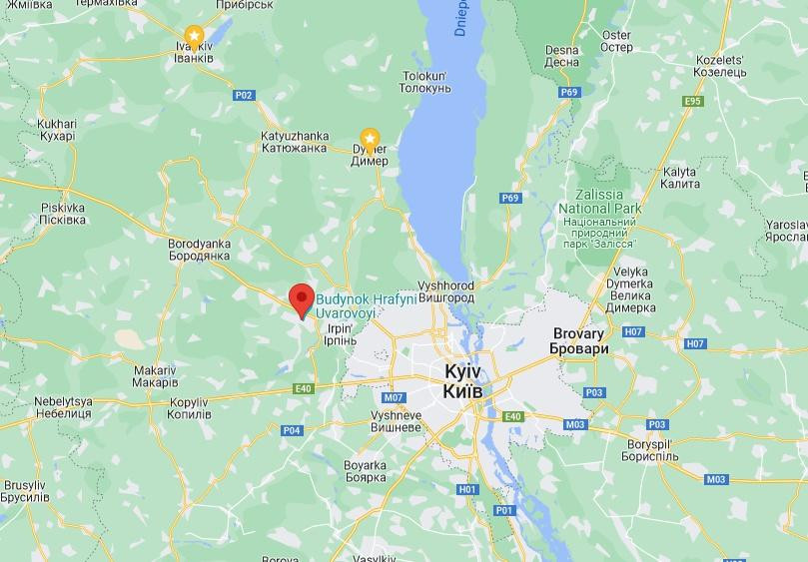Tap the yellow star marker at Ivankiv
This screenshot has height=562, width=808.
195,37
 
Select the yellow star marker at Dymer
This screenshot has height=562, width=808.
370,138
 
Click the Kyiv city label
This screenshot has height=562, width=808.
463,381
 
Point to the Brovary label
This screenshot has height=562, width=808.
578,341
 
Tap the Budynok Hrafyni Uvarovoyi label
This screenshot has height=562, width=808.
347,305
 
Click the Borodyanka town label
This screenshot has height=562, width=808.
200,250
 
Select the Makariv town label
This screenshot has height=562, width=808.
155,376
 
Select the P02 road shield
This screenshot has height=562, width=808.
244,95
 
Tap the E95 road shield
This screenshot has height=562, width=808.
693,101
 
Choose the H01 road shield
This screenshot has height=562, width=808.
466,489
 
